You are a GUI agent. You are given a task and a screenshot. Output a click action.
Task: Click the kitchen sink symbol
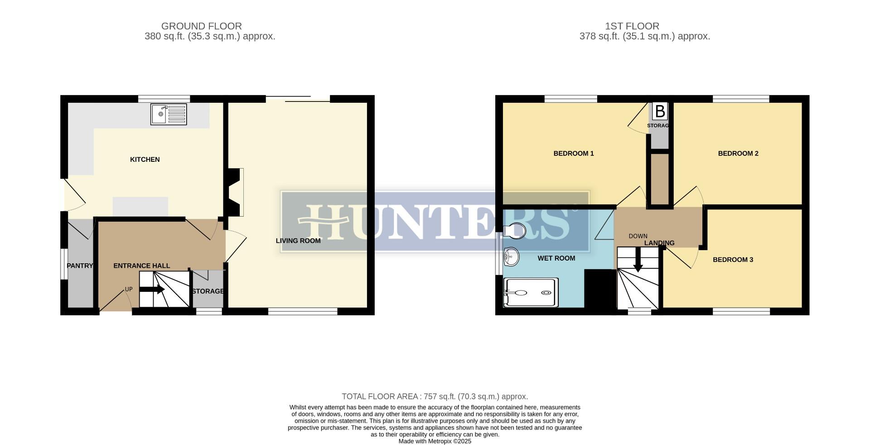(168, 114)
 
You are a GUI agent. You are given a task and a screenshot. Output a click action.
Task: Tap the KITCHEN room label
(145, 160)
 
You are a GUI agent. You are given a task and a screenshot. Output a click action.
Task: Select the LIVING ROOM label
(298, 241)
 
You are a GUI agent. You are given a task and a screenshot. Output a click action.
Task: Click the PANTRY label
(80, 266)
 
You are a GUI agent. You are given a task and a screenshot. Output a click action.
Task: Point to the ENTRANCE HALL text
(141, 266)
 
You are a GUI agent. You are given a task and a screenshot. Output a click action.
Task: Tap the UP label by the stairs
(129, 289)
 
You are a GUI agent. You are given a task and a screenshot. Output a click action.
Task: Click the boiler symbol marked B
(660, 111)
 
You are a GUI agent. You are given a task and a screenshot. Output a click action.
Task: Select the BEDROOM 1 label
(573, 154)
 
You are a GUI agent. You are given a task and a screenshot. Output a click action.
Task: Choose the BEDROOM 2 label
(738, 154)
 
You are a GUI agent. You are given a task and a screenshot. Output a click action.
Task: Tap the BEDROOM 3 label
(733, 260)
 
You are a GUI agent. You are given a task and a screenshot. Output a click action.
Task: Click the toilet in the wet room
(514, 230)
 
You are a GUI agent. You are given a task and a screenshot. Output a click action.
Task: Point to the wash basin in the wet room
(511, 257)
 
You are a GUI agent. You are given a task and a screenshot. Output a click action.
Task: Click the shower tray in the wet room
(530, 292)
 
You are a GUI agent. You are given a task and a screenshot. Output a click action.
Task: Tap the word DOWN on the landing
(638, 236)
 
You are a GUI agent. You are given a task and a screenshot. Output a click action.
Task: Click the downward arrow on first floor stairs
(638, 263)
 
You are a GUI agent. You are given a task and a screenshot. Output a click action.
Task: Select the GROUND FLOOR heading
(201, 26)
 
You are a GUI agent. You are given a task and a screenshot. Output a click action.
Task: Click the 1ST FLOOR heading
(644, 26)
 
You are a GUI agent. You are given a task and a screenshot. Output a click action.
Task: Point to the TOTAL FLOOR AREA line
(435, 397)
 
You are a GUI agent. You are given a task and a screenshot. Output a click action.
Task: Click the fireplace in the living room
(236, 192)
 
